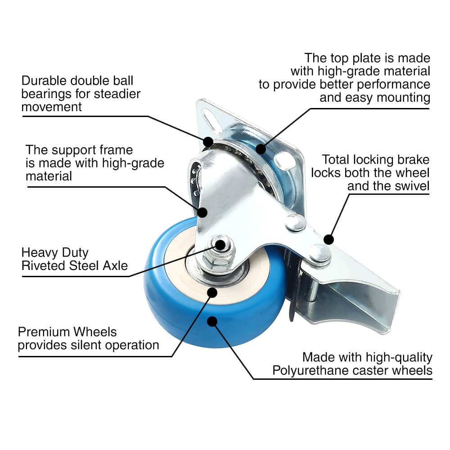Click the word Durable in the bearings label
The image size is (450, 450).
click(x=44, y=81)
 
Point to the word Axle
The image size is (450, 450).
click(x=115, y=265)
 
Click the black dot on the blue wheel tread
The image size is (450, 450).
click(x=212, y=321)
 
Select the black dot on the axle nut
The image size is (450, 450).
click(x=220, y=245)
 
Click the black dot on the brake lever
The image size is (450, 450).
click(x=328, y=240)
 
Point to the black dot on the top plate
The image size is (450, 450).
click(x=261, y=149)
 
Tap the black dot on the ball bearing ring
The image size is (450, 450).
click(x=208, y=142)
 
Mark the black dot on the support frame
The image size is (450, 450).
click(x=202, y=212)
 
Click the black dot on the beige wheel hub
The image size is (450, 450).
click(x=212, y=292)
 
